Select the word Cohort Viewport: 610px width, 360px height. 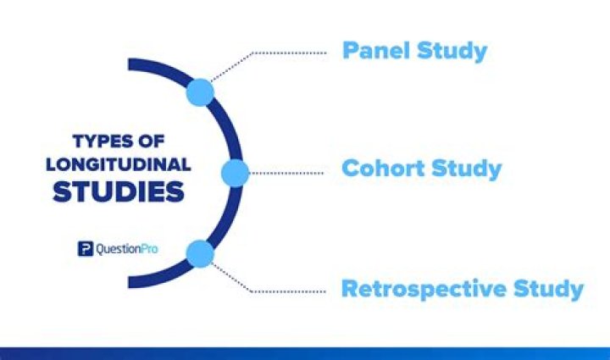(x=382, y=168)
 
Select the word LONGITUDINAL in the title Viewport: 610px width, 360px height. (x=119, y=164)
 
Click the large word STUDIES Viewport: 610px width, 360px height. (x=119, y=191)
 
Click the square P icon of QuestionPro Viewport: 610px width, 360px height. (x=85, y=249)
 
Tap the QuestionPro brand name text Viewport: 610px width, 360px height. (x=127, y=249)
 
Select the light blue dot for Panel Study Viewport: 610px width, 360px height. (x=201, y=92)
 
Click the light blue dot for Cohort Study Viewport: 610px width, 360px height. (x=235, y=173)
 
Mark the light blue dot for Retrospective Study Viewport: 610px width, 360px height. (x=200, y=253)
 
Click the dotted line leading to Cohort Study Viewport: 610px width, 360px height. (x=288, y=173)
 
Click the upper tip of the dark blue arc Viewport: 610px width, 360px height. (x=131, y=64)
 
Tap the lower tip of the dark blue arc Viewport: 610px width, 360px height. (x=131, y=283)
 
